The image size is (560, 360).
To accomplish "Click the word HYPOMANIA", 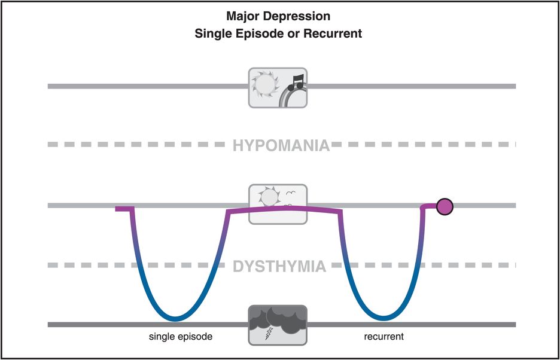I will pyautogui.click(x=281, y=145).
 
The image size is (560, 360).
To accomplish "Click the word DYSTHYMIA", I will pyautogui.click(x=280, y=266).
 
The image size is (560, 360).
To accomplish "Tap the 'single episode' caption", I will pyautogui.click(x=181, y=337).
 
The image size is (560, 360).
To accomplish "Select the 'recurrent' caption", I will pyautogui.click(x=384, y=337).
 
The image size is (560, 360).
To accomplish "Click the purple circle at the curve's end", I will pyautogui.click(x=445, y=207).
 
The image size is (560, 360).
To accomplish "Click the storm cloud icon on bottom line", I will pyautogui.click(x=278, y=324).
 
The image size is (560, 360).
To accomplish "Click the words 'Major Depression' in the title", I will pyautogui.click(x=278, y=16).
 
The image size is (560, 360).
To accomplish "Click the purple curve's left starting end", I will pyautogui.click(x=117, y=208).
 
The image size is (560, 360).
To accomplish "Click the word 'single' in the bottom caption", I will pyautogui.click(x=162, y=337).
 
